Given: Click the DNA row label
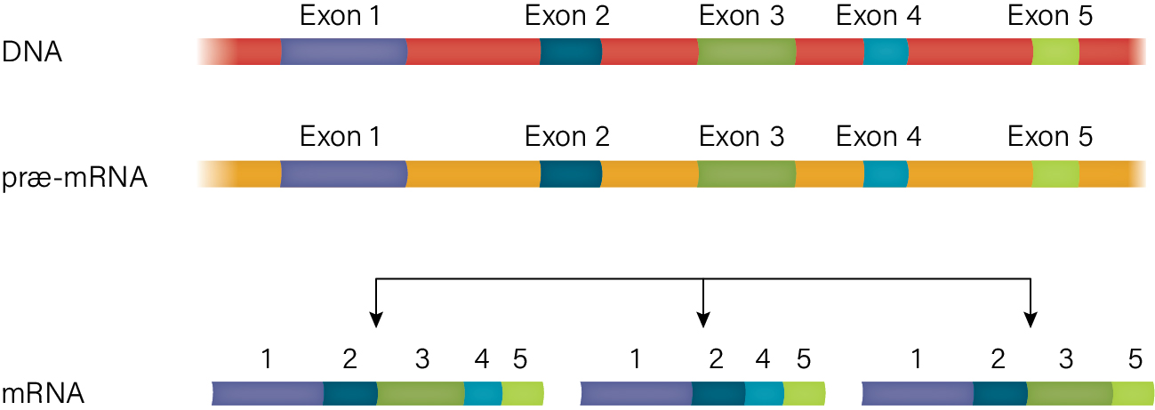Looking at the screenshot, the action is click(32, 52).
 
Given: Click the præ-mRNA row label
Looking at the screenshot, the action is click(75, 177).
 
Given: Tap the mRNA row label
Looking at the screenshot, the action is click(44, 394).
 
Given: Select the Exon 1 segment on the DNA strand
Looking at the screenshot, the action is click(344, 52).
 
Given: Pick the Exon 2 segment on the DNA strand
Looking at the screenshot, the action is click(571, 52).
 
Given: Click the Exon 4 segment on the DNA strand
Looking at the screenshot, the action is click(886, 52).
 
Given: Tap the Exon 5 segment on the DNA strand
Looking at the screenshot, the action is click(1055, 52).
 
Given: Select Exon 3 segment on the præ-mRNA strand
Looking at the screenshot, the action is click(747, 173).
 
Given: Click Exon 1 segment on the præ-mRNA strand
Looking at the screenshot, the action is click(344, 173).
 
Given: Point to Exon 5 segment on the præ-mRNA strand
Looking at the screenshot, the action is click(1055, 173).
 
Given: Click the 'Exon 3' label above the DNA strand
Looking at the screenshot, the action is click(742, 16).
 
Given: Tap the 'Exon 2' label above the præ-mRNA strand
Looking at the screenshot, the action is click(567, 137).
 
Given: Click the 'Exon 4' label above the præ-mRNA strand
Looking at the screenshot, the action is click(878, 137).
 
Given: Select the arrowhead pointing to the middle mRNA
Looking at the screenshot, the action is click(703, 320).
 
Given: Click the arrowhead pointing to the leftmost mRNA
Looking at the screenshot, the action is click(376, 320).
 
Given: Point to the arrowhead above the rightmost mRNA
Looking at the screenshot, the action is click(1031, 320).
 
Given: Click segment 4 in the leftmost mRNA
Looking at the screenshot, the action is click(483, 393).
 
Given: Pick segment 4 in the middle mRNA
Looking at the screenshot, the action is click(764, 393).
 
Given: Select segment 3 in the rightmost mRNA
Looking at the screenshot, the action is click(1069, 393).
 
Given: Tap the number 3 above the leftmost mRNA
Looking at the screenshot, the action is click(422, 359).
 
